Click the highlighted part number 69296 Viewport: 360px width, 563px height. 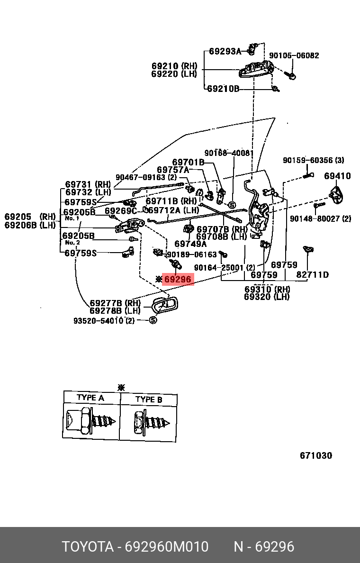click(178, 280)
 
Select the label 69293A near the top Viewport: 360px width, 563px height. click(225, 51)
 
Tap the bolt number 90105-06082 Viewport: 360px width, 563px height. click(294, 55)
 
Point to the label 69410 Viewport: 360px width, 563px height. click(337, 176)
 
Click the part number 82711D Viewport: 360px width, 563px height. click(313, 275)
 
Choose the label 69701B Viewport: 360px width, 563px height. click(188, 162)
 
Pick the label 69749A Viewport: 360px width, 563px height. click(190, 244)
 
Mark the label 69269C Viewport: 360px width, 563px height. click(120, 211)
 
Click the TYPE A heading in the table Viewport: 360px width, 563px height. click(90, 398)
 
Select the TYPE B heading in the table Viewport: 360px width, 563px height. click(149, 400)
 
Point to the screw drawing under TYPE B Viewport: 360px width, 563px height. click(150, 421)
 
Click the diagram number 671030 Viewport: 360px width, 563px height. click(316, 455)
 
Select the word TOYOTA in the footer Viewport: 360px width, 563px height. click(88, 547)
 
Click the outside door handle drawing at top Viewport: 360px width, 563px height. click(256, 70)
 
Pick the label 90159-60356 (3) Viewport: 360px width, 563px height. click(314, 160)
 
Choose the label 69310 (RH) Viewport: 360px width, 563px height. click(267, 290)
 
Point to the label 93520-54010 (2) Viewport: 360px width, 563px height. click(104, 321)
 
